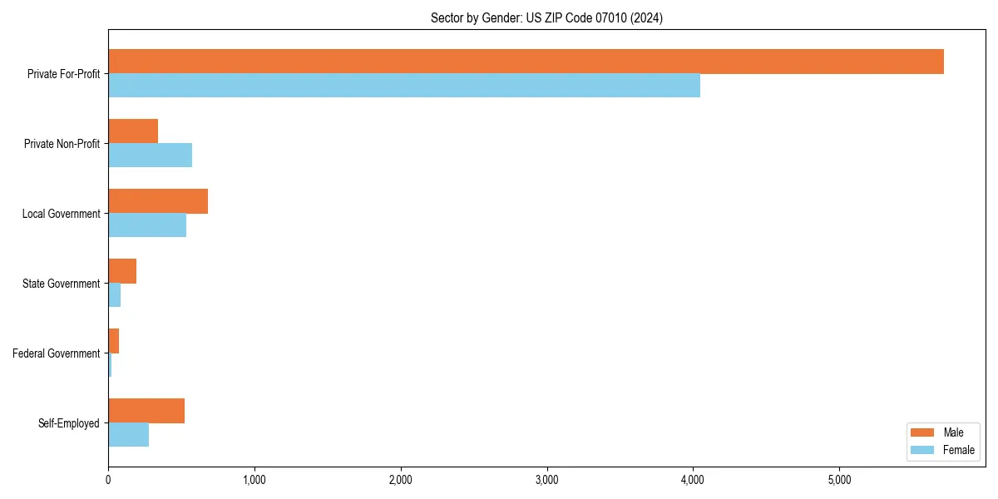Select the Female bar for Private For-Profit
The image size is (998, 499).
point(404,86)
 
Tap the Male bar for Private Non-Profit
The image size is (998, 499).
point(133,131)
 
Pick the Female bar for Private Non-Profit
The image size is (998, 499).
point(150,156)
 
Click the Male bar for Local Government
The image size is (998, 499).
point(158,201)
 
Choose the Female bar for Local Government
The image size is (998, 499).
point(147,225)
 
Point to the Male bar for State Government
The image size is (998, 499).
point(122,271)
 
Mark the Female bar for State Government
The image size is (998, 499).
point(115,295)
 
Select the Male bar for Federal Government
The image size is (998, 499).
point(114,341)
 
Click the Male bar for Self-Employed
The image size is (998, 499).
point(146,411)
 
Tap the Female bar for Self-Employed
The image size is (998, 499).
point(129,435)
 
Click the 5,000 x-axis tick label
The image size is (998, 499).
point(839,479)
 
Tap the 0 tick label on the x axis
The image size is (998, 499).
point(108,479)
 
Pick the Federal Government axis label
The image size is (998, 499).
point(56,353)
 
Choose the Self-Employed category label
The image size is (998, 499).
point(68,423)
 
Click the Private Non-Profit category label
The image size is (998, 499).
point(62,144)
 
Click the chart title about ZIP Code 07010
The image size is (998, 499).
point(546,17)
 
